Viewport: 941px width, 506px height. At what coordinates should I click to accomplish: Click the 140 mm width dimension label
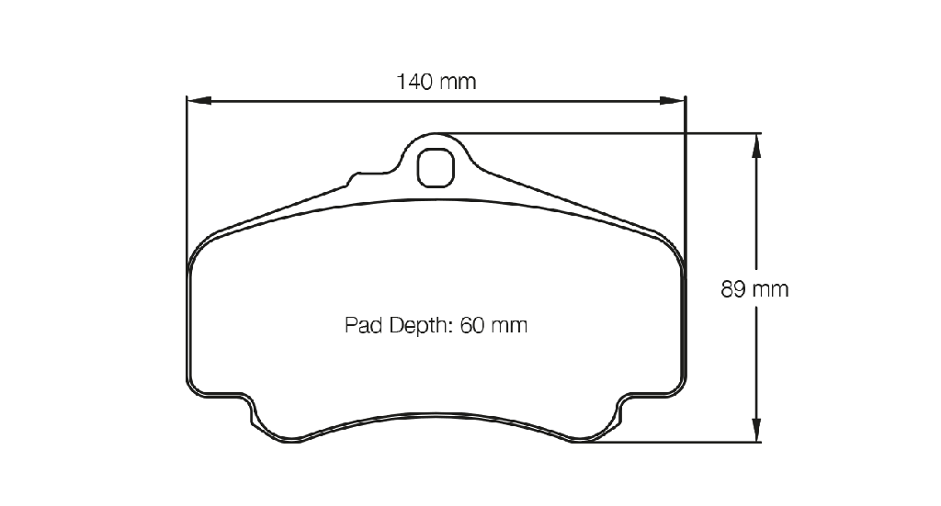coord(436,82)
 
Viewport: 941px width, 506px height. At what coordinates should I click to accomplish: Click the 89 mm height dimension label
coord(754,289)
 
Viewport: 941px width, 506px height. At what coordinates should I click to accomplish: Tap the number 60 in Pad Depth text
coord(472,325)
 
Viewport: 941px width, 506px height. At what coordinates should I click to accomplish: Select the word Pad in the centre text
coord(363,325)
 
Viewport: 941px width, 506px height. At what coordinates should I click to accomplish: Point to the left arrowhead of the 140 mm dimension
coord(199,100)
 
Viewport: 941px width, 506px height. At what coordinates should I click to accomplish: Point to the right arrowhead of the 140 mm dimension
coord(672,100)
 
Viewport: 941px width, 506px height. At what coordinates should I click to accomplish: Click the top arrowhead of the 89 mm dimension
coord(756,146)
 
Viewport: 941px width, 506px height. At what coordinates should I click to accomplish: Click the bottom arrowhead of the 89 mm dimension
coord(756,430)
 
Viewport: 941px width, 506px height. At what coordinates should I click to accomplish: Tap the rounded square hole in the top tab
coord(436,168)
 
